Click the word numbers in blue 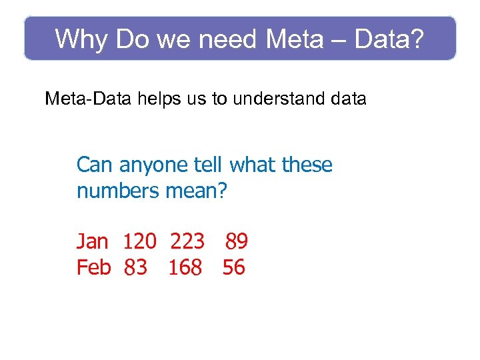tap(117, 191)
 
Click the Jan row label tap(93, 240)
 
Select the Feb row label tap(94, 267)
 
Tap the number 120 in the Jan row tap(140, 240)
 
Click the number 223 tap(187, 240)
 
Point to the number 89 tap(237, 240)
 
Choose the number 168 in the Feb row tap(185, 267)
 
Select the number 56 tap(234, 267)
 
